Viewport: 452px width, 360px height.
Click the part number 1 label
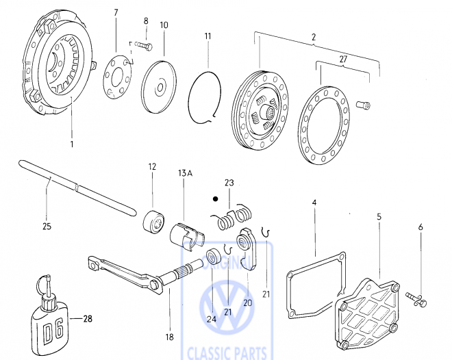71,145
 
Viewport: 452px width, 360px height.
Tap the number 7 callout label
115,13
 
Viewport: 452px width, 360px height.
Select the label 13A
186,172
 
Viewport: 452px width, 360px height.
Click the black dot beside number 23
215,199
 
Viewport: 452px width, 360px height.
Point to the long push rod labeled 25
68,184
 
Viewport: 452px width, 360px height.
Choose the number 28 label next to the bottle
87,318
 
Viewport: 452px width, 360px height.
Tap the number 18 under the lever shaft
169,337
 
